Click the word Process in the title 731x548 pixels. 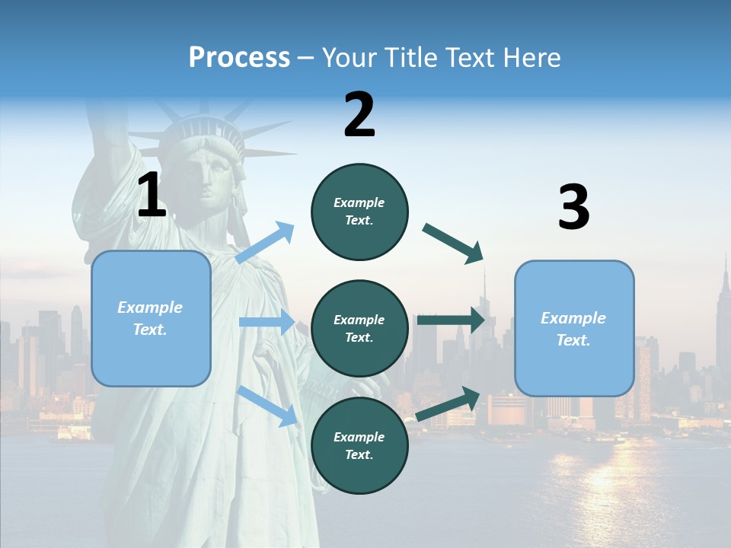(239, 58)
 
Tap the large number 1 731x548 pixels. (152, 196)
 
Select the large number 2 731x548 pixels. (359, 115)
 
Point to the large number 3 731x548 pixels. (573, 208)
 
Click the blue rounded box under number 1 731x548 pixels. (151, 318)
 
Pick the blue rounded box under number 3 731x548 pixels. (574, 328)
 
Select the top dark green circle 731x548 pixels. (359, 212)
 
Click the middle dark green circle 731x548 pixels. (359, 328)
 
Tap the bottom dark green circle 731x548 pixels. (359, 445)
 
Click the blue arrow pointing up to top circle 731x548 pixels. (266, 243)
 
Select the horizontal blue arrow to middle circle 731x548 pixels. (267, 322)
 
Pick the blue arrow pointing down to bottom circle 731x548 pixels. (267, 406)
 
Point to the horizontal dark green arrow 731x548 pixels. (451, 320)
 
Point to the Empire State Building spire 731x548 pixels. (725, 266)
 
